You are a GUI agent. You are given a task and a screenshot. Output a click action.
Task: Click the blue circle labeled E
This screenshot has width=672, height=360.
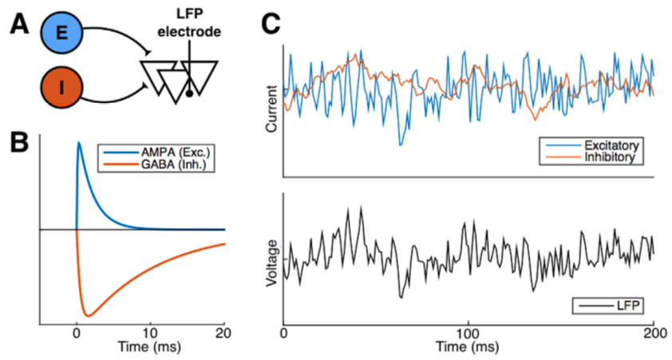pyautogui.click(x=61, y=33)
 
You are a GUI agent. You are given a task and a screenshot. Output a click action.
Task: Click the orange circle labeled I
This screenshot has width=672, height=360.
pyautogui.click(x=61, y=88)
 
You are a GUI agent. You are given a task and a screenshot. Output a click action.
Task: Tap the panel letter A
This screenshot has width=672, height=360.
pyautogui.click(x=19, y=24)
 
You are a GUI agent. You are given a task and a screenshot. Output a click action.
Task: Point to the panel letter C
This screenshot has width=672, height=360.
pyautogui.click(x=271, y=24)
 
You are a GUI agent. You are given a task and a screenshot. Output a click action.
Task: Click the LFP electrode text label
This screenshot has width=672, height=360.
pyautogui.click(x=189, y=24)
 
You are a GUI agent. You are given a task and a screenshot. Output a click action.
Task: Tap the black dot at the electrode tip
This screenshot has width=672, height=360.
pyautogui.click(x=189, y=93)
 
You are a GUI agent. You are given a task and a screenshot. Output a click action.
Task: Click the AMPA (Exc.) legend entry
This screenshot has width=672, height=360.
pyautogui.click(x=156, y=152)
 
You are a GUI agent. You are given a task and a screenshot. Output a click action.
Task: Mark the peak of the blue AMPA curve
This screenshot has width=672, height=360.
pyautogui.click(x=78, y=142)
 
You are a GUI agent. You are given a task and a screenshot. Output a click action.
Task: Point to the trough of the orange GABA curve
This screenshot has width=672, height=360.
pyautogui.click(x=89, y=316)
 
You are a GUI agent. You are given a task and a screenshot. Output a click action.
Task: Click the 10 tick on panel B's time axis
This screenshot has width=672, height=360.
pyautogui.click(x=150, y=334)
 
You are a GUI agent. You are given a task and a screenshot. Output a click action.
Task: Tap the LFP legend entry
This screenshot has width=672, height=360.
pyautogui.click(x=609, y=306)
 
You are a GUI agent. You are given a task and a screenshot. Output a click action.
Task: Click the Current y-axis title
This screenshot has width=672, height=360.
pyautogui.click(x=271, y=109)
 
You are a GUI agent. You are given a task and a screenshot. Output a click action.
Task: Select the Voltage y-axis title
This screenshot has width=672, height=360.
pyautogui.click(x=271, y=263)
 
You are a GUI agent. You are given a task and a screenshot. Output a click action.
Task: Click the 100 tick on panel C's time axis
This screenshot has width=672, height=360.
pyautogui.click(x=468, y=334)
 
